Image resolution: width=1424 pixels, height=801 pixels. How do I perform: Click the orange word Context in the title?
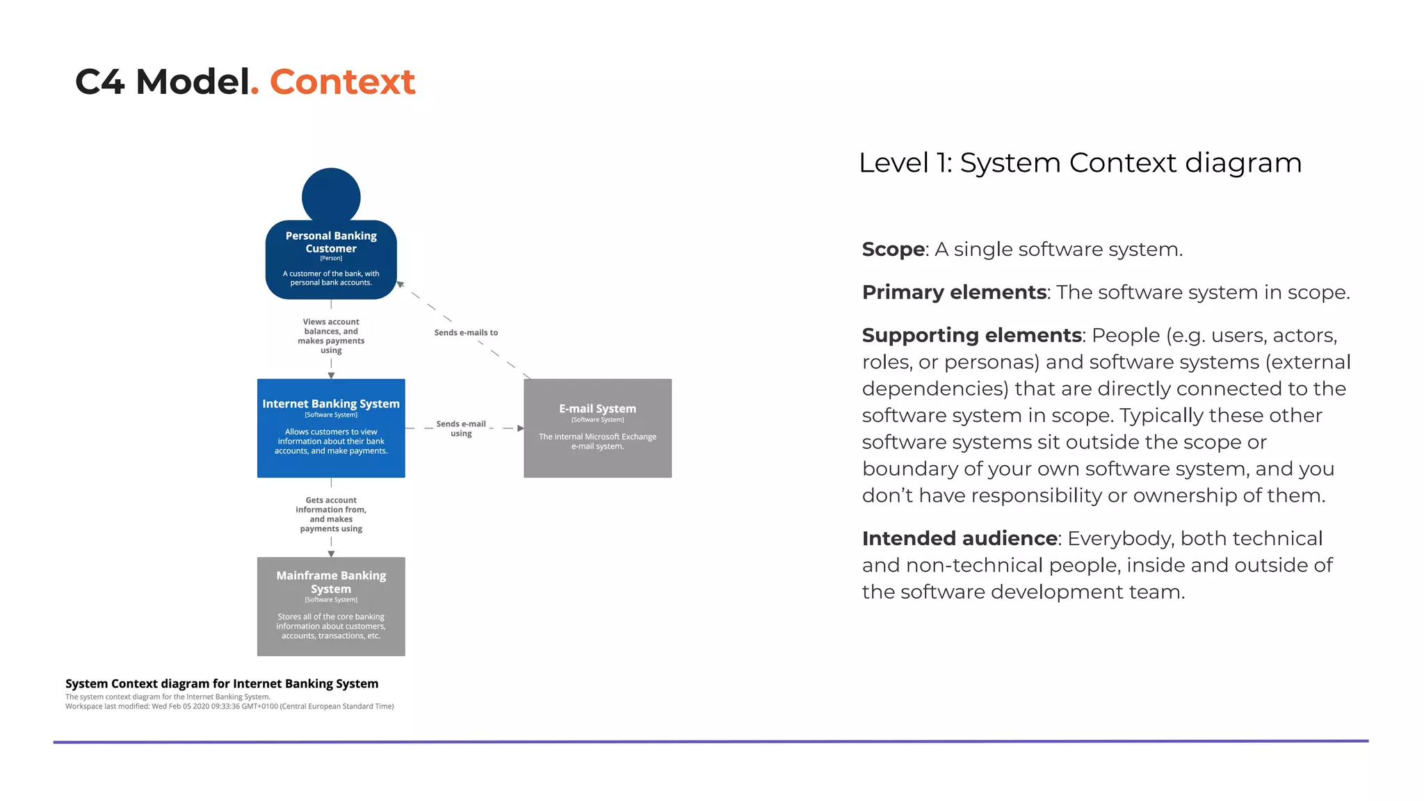[x=342, y=82]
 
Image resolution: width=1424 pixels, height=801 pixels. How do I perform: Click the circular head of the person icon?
[x=331, y=196]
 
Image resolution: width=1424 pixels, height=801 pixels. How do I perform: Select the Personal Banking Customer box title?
[x=331, y=242]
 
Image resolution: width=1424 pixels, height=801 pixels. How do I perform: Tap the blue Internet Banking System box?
[x=331, y=428]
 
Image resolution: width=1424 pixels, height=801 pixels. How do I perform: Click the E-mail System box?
[x=597, y=428]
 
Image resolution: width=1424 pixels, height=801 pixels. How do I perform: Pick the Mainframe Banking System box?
[x=331, y=606]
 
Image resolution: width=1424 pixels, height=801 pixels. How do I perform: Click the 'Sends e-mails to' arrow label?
[x=466, y=332]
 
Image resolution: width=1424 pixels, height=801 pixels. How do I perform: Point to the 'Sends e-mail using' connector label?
[x=461, y=428]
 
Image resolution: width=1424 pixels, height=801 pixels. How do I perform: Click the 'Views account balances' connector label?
[x=331, y=336]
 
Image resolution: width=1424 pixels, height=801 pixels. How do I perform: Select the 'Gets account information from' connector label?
[x=331, y=515]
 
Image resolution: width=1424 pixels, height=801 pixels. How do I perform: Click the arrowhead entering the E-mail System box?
[x=520, y=428]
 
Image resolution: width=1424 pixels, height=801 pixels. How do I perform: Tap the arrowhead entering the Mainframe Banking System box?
[x=331, y=554]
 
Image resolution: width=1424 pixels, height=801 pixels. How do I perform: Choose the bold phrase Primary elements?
[x=954, y=292]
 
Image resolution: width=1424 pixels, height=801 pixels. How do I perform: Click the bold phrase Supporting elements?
[x=971, y=335]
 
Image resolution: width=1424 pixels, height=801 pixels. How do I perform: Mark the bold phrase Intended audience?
[x=960, y=538]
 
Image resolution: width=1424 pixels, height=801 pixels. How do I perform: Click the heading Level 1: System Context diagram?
[x=1080, y=163]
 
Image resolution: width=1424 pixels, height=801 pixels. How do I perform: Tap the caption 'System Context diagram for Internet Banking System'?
[x=222, y=683]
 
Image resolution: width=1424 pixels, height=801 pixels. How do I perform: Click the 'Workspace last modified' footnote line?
[x=229, y=706]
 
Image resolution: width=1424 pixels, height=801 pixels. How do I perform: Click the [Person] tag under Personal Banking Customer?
[x=331, y=258]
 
